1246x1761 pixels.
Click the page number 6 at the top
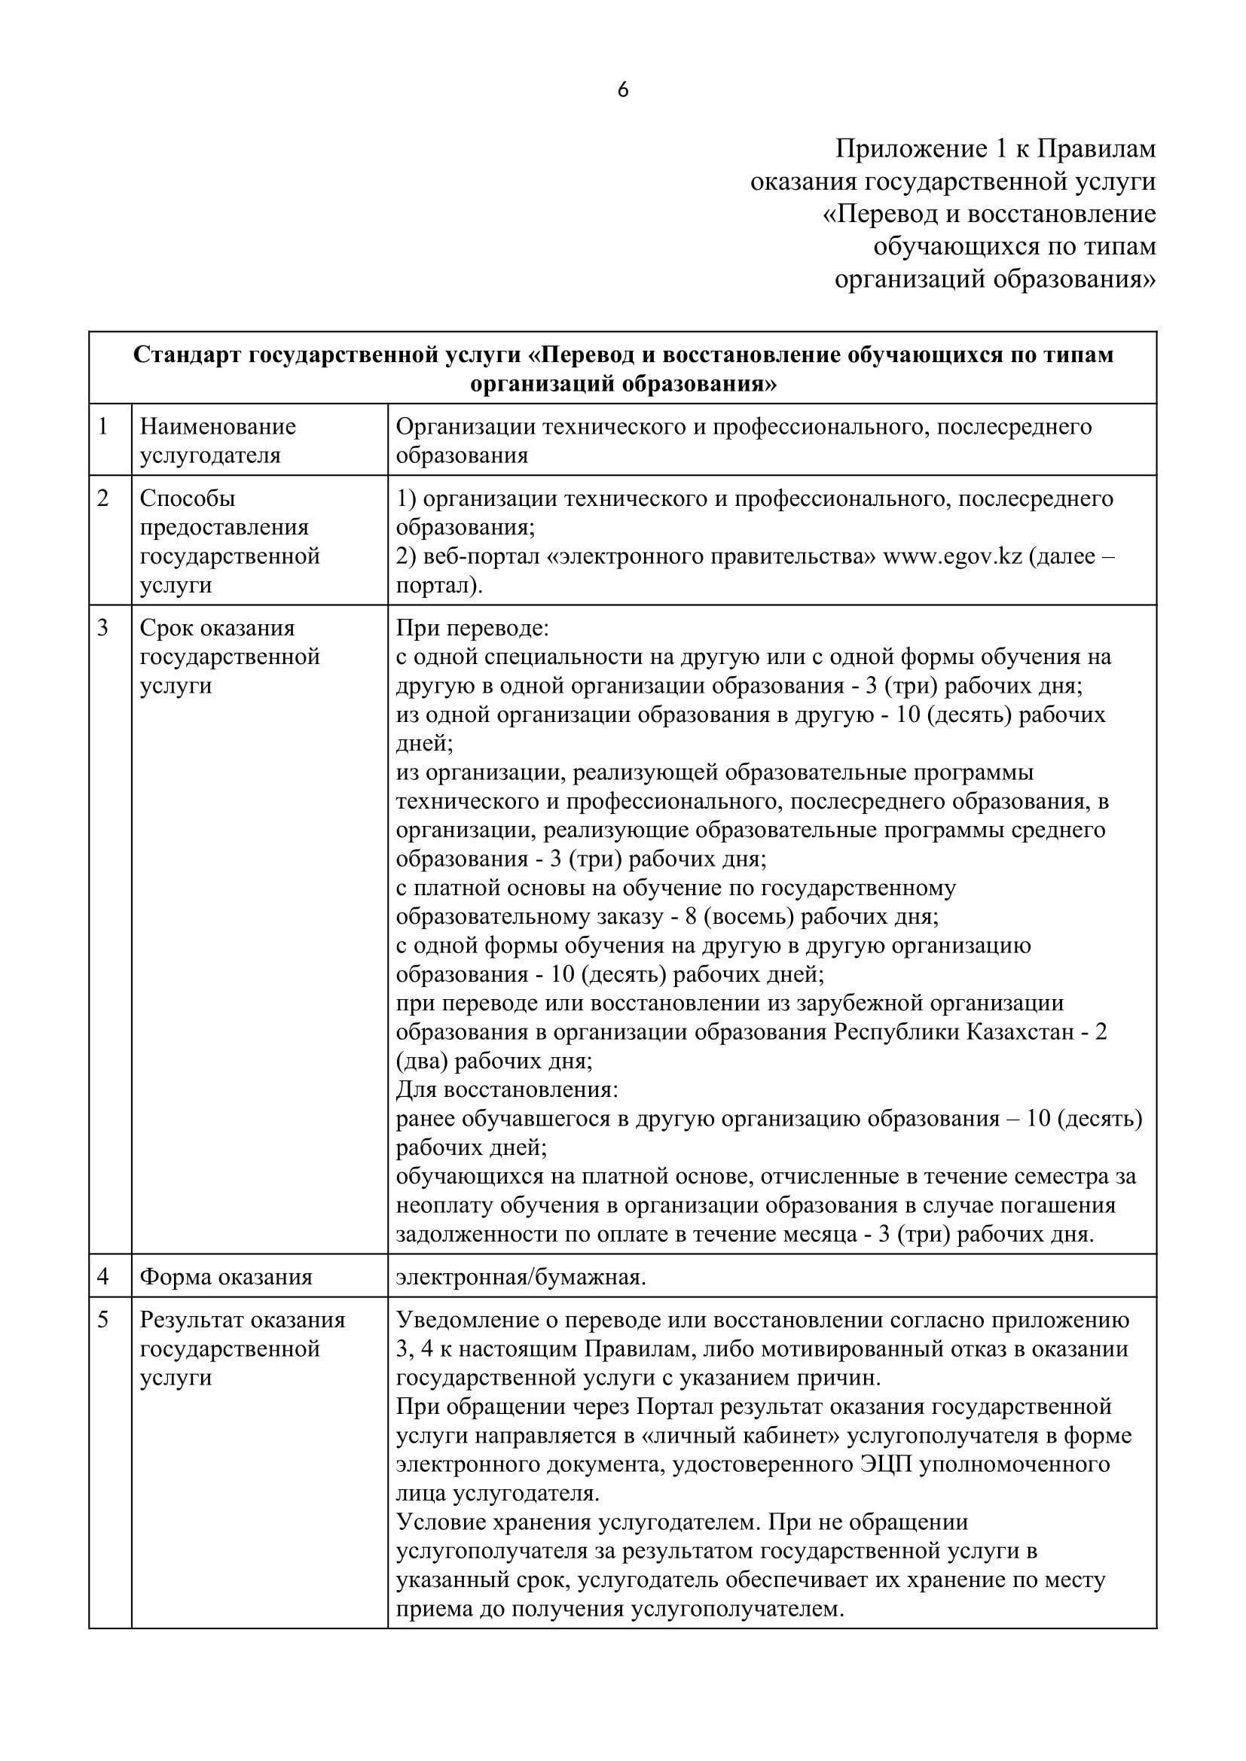(622, 90)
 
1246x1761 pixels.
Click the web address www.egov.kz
(953, 556)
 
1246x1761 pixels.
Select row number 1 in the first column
(103, 425)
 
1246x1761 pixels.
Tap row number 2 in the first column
(103, 498)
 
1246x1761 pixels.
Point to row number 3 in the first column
(103, 627)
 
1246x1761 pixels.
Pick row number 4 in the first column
(103, 1276)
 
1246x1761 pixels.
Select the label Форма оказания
(226, 1276)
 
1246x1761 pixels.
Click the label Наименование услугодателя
(218, 440)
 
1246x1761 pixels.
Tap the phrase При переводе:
(472, 627)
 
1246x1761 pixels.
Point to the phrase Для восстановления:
(507, 1089)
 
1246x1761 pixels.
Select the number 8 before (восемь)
(691, 916)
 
